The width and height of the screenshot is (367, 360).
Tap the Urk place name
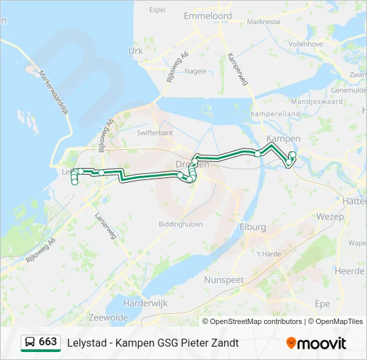point(135,50)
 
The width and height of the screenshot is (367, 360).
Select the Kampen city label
point(283,139)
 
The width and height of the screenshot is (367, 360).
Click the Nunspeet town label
point(224,280)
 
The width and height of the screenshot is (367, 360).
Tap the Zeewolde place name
point(107,318)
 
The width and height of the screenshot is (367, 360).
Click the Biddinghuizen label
point(180,224)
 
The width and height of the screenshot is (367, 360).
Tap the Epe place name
point(322,304)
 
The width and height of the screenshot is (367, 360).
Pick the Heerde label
point(349,271)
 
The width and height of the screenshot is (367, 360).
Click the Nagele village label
point(196,71)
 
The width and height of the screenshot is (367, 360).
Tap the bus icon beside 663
point(30,342)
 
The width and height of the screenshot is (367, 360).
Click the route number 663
point(48,342)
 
